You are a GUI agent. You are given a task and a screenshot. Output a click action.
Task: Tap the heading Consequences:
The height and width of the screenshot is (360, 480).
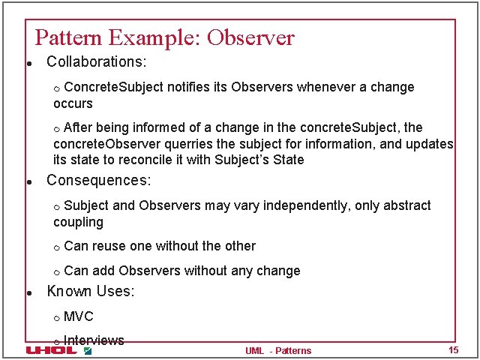99,181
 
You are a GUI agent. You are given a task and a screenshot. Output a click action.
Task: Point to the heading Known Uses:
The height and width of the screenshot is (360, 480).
91,292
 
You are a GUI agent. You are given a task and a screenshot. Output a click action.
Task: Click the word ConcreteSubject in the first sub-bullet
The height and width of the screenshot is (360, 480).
118,87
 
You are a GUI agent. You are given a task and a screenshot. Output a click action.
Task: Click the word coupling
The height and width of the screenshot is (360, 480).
78,222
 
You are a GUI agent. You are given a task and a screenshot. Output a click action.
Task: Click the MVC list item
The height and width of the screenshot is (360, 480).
79,316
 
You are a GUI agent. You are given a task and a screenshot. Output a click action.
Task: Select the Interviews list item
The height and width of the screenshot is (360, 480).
94,340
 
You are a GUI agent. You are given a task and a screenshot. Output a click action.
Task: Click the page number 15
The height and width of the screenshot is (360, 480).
453,350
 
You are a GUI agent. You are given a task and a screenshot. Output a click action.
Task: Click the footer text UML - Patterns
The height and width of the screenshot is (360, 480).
277,350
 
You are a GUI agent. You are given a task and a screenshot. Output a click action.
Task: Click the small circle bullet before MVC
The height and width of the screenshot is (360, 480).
57,318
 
